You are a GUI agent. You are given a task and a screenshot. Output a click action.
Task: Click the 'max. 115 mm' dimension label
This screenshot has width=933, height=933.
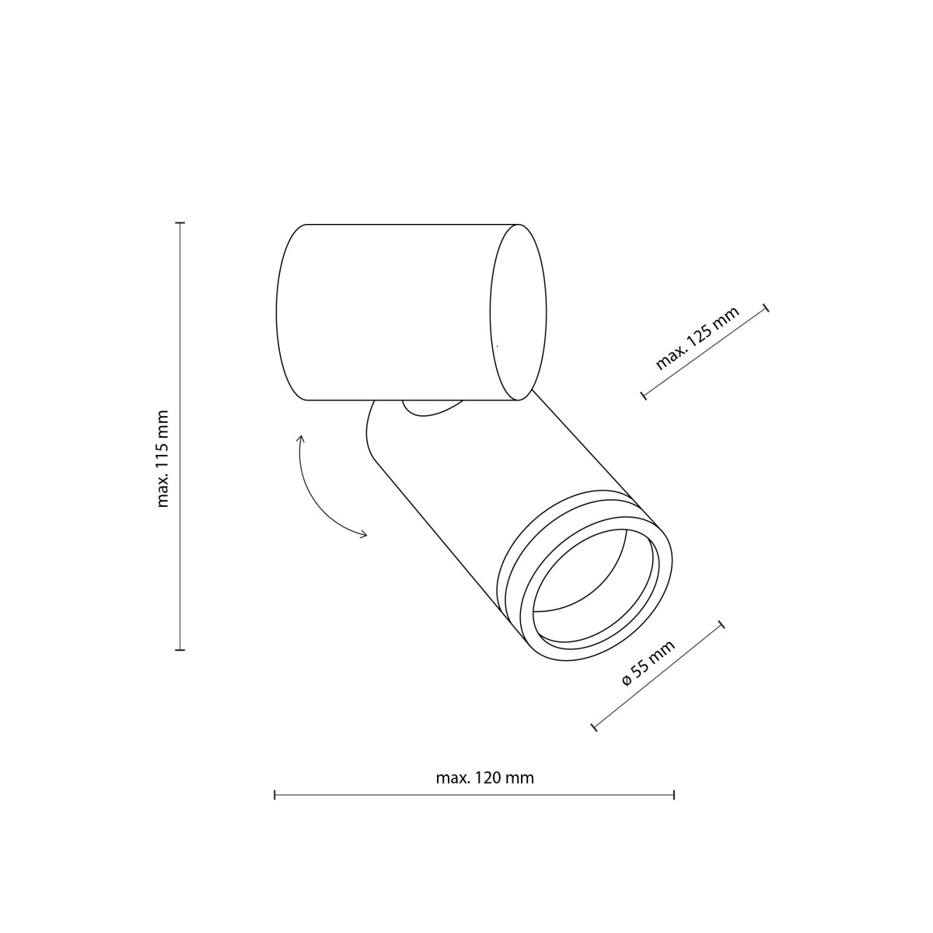click(162, 459)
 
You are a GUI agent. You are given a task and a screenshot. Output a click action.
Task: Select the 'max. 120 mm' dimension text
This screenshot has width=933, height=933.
click(484, 777)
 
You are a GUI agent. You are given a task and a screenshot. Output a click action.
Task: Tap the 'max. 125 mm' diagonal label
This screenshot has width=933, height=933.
click(697, 339)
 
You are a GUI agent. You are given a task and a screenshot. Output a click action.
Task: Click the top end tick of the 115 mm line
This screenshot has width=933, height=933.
click(180, 223)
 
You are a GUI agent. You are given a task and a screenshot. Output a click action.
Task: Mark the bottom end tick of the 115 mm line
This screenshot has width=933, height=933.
click(180, 649)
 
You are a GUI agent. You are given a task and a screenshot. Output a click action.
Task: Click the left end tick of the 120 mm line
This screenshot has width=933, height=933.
click(274, 795)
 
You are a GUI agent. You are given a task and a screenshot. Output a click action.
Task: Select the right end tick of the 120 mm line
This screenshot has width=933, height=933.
click(673, 795)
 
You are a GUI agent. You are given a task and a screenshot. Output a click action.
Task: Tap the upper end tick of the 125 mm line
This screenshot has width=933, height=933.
click(767, 308)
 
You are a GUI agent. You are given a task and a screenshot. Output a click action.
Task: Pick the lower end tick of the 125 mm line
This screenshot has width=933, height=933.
click(644, 396)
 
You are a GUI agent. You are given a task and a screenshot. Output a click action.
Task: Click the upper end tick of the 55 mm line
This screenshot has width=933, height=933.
click(721, 624)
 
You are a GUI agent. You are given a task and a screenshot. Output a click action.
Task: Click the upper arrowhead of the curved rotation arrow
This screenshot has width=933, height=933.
click(301, 439)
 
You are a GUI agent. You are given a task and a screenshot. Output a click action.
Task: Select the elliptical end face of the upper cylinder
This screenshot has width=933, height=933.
click(518, 312)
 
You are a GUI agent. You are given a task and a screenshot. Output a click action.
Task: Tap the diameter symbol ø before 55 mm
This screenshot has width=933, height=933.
click(627, 681)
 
